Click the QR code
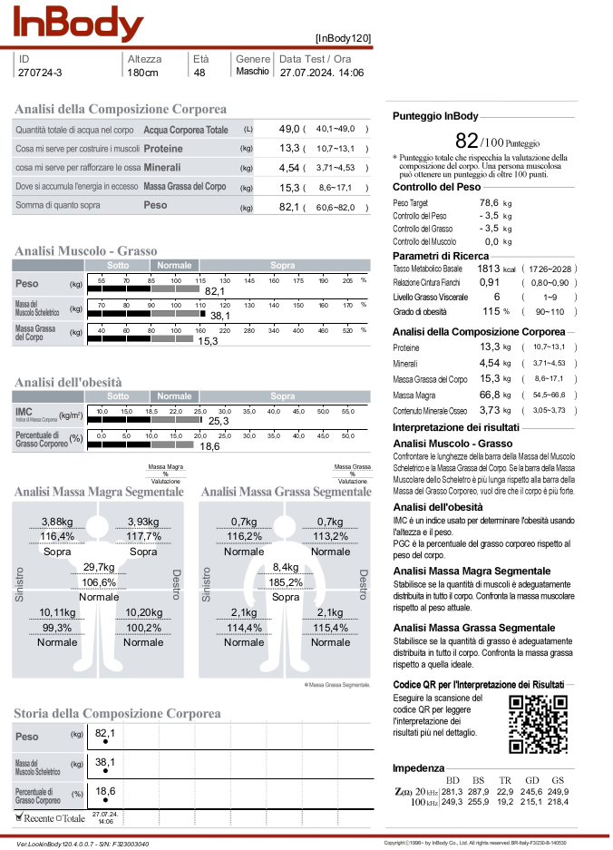540,723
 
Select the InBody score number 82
466,141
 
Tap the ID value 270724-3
41,73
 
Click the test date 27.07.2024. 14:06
322,73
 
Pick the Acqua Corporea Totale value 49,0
289,130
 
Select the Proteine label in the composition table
163,148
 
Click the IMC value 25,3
218,421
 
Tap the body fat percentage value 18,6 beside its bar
209,446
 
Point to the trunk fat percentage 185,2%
286,582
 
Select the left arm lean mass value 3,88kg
57,522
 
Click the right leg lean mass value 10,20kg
143,612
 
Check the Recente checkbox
20,816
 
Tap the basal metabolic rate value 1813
490,269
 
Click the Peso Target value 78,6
489,202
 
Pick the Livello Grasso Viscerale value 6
496,297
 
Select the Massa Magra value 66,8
490,396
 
